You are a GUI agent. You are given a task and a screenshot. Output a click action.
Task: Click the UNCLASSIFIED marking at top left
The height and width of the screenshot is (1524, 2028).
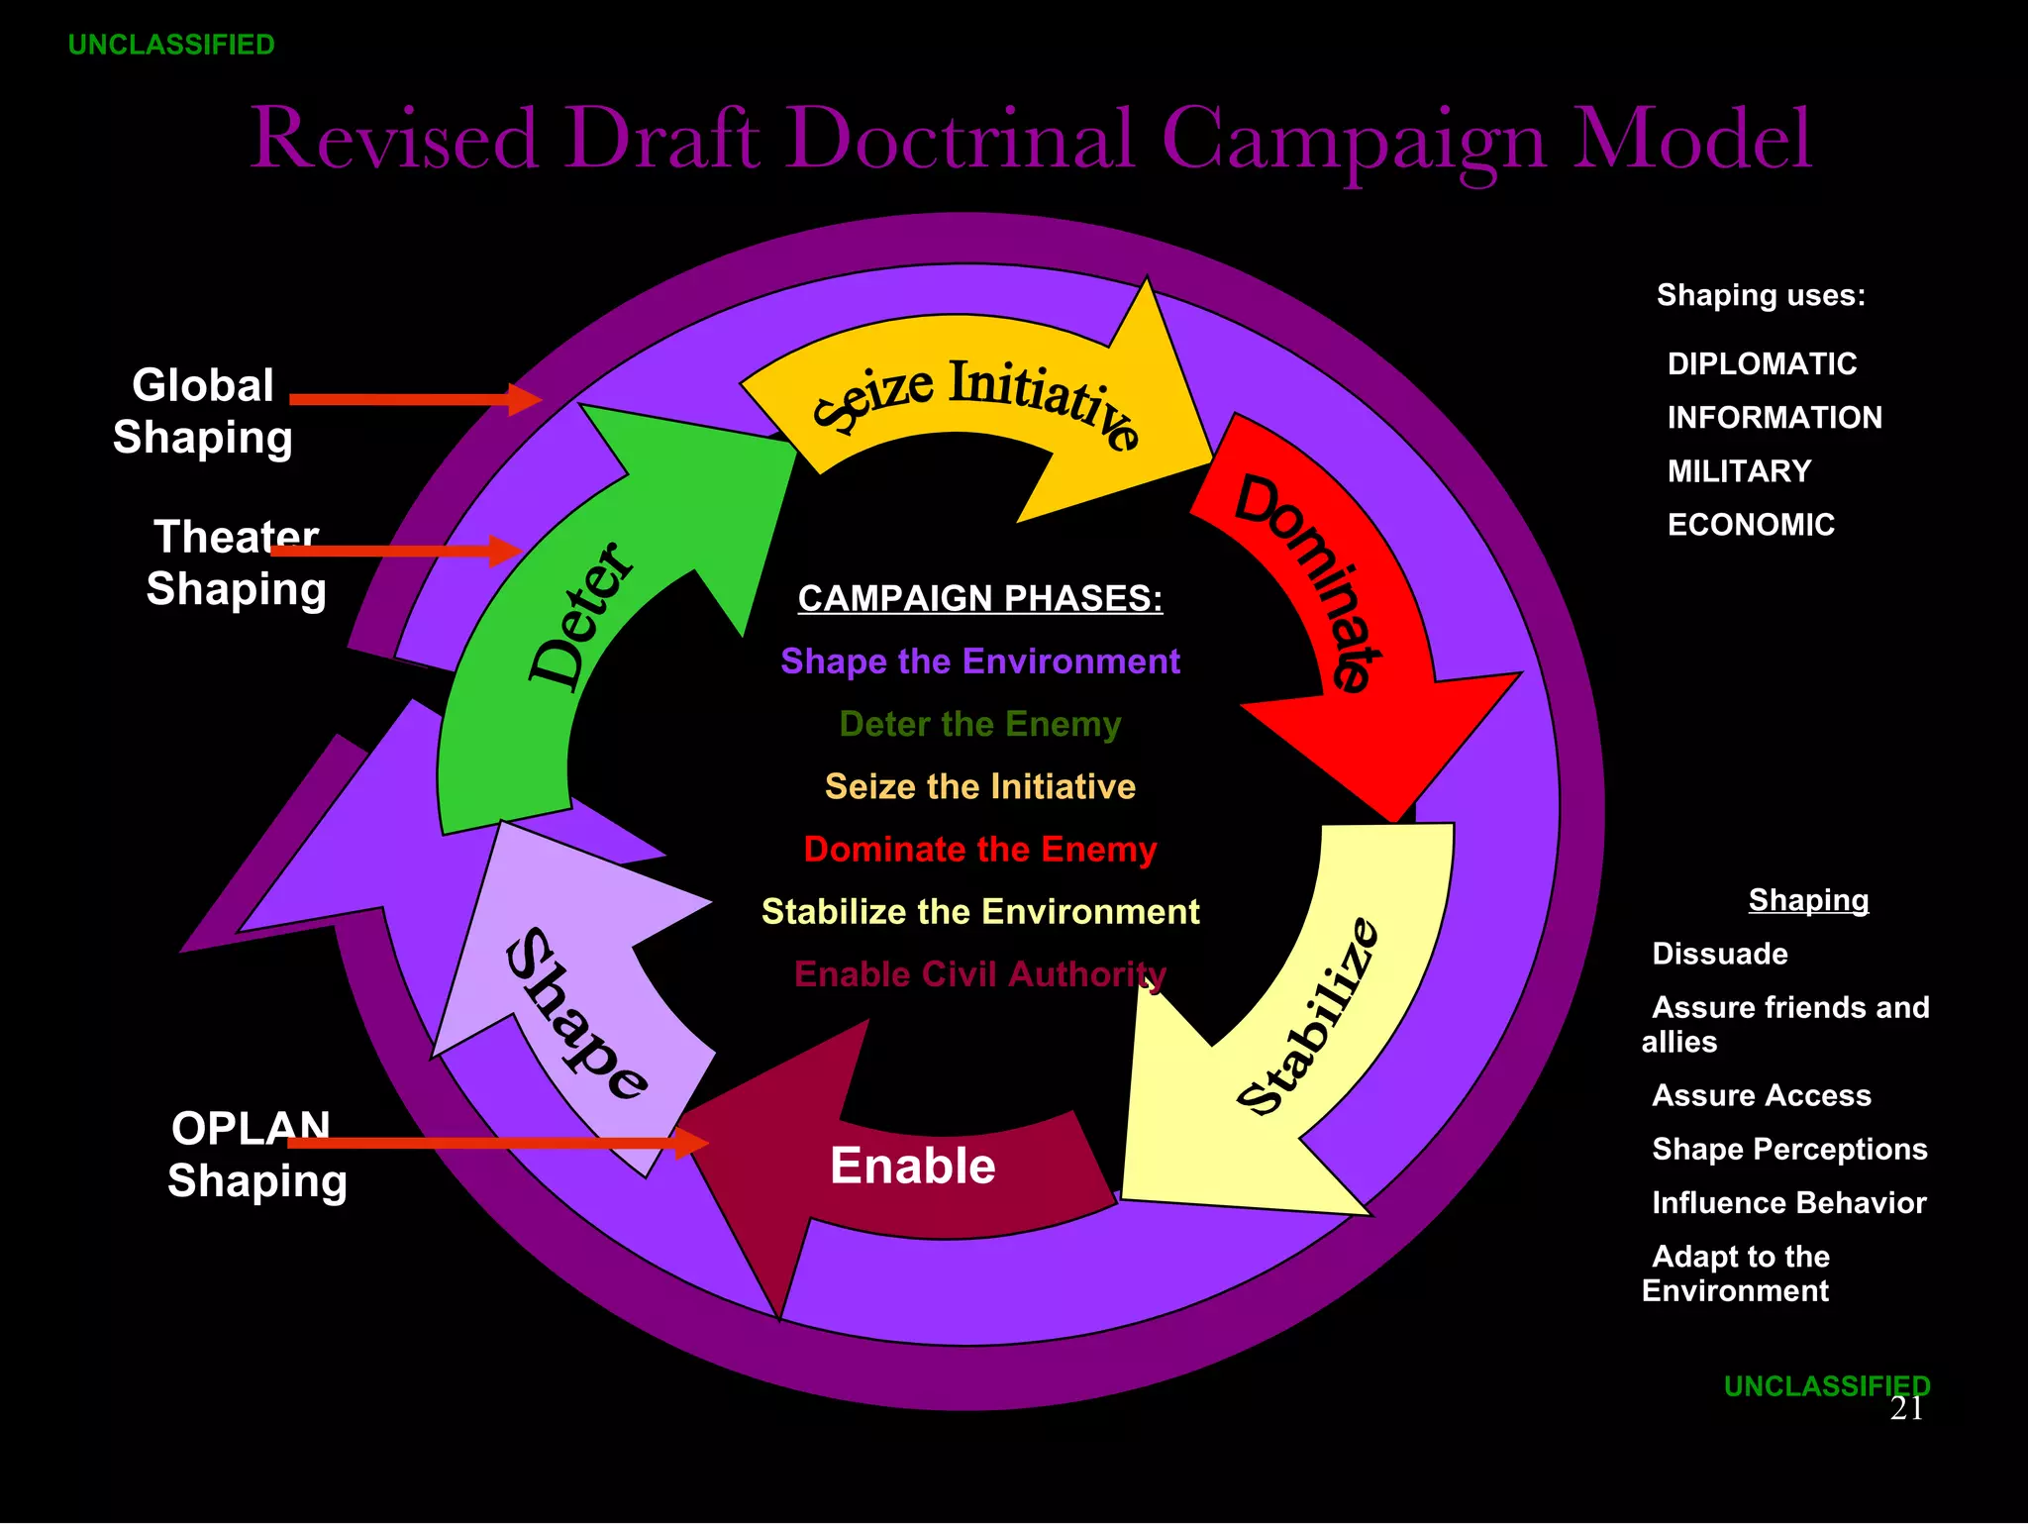pyautogui.click(x=171, y=46)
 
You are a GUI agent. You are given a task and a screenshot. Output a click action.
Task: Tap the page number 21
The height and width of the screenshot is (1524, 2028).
pyautogui.click(x=1906, y=1408)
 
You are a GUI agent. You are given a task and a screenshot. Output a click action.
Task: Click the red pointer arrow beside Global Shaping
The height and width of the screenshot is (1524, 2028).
pyautogui.click(x=416, y=399)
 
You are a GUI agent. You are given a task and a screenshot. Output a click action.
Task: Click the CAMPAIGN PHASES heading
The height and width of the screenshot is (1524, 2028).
pyautogui.click(x=980, y=598)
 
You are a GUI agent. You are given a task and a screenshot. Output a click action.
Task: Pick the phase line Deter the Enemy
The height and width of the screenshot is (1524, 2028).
pyautogui.click(x=980, y=724)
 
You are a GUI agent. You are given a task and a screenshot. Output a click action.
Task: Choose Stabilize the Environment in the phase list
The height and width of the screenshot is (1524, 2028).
pyautogui.click(x=980, y=911)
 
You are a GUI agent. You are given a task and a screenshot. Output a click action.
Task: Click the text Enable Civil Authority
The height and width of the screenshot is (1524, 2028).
pyautogui.click(x=980, y=974)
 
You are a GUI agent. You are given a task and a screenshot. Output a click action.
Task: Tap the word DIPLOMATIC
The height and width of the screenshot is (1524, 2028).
pyautogui.click(x=1762, y=363)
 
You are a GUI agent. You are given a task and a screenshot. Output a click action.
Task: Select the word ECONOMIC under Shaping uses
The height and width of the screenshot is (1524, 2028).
pyautogui.click(x=1751, y=524)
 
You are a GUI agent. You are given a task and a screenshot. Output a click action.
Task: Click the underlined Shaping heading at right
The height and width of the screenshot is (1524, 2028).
pyautogui.click(x=1808, y=899)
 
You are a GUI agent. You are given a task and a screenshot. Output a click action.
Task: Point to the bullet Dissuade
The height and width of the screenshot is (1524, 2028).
pyautogui.click(x=1720, y=954)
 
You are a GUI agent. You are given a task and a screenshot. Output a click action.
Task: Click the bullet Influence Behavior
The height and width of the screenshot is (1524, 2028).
pyautogui.click(x=1788, y=1202)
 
